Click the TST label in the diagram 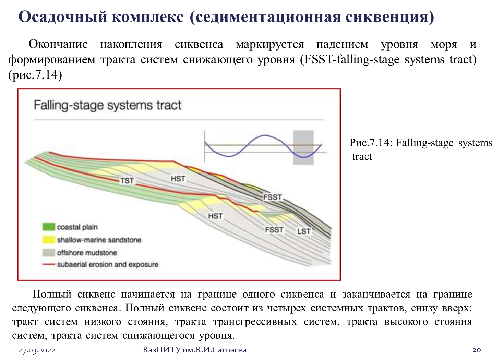pos(127,180)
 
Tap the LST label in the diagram pos(304,231)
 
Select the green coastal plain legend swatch pos(49,227)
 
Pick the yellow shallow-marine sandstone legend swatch pos(49,240)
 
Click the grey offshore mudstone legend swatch pos(49,252)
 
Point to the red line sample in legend pos(49,264)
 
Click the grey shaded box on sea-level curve pos(303,147)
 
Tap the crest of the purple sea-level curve pos(265,135)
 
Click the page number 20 pos(477,350)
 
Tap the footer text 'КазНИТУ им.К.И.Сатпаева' pos(195,350)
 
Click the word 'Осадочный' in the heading pos(63,17)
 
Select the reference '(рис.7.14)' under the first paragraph pos(35,75)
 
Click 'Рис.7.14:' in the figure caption pos(371,143)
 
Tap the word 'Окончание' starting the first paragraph pos(58,44)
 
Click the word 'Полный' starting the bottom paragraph pos(52,294)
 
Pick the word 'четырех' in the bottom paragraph pos(287,308)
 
